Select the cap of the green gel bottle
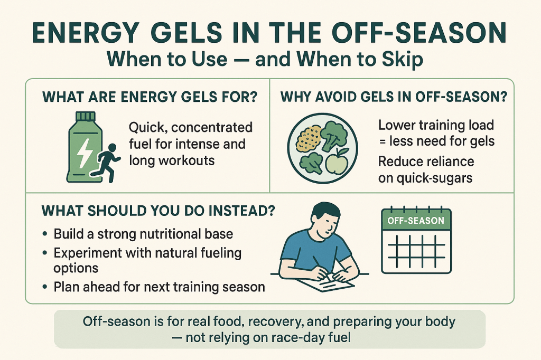85,117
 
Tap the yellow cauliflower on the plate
309,139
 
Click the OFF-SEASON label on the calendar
416,221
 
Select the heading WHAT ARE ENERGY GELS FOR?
150,97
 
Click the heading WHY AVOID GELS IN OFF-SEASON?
394,97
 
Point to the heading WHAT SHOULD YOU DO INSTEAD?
158,211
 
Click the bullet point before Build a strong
45,234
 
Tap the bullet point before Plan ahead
45,287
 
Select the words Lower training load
436,125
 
